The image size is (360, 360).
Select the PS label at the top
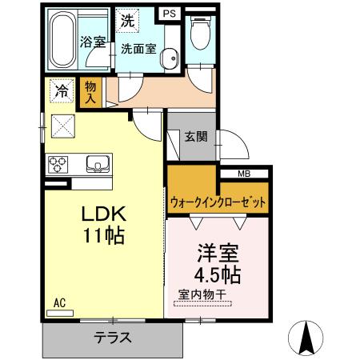(169, 13)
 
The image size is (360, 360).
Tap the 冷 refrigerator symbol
(62, 91)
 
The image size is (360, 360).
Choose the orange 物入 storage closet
(91, 94)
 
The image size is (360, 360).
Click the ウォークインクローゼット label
(217, 202)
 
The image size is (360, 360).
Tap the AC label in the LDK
(58, 302)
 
